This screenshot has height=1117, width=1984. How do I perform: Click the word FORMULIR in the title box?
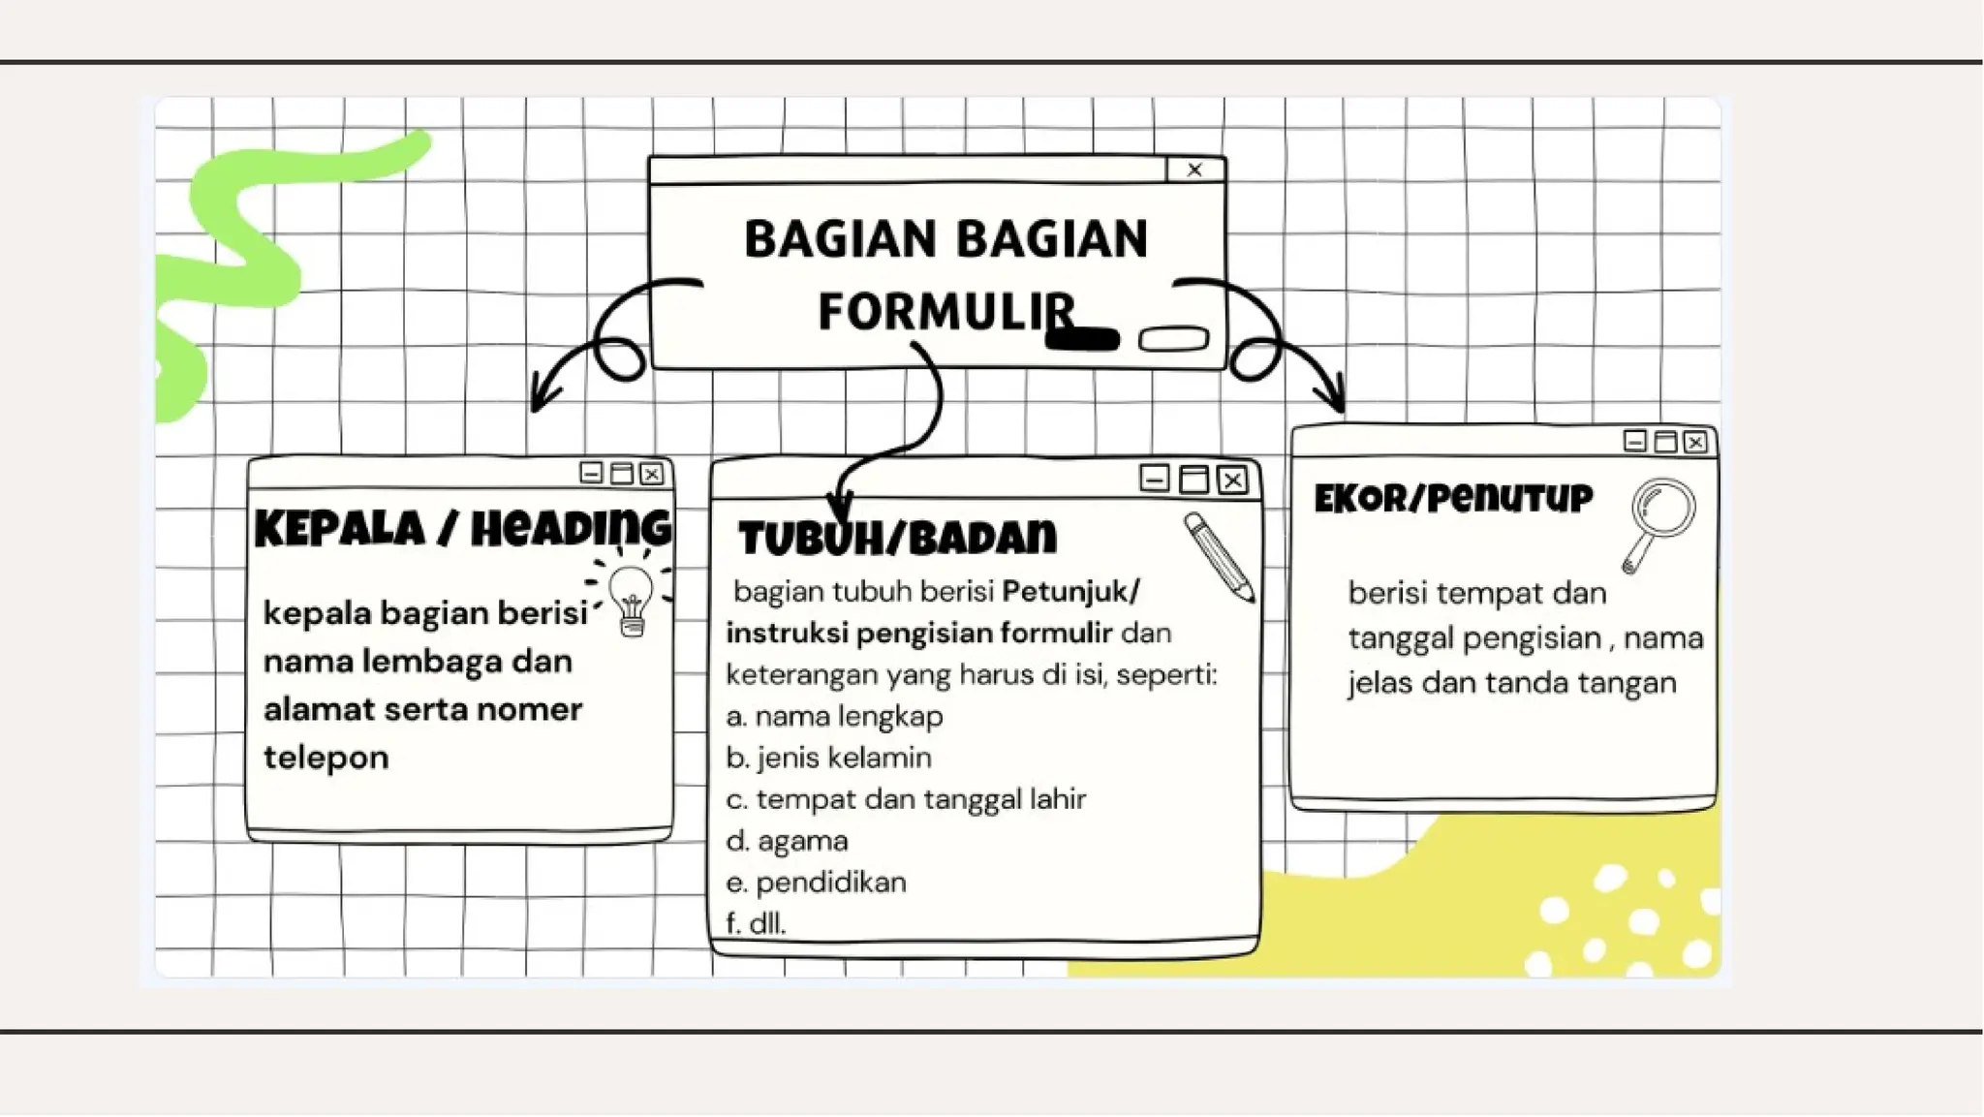click(945, 312)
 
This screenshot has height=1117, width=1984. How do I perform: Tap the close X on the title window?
click(1194, 170)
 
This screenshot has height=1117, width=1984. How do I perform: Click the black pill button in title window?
click(1083, 339)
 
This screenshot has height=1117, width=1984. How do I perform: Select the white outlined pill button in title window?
click(1173, 339)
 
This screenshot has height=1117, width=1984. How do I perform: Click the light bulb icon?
click(632, 599)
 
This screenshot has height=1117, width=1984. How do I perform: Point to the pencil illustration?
click(1219, 556)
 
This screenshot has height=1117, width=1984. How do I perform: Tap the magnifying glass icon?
click(1658, 523)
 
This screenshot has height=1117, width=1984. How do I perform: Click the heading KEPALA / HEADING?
click(462, 529)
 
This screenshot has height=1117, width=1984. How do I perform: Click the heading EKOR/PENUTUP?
click(1453, 499)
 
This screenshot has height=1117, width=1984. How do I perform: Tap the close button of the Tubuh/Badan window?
click(1232, 480)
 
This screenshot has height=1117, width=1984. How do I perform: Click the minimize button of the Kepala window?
click(591, 473)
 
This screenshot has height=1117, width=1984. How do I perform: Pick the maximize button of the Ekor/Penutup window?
click(1665, 442)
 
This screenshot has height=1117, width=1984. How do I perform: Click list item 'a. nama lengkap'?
click(834, 717)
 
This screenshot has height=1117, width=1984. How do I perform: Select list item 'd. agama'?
click(787, 841)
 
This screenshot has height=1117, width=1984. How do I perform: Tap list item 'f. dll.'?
click(756, 923)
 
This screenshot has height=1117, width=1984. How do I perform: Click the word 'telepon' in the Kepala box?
click(325, 758)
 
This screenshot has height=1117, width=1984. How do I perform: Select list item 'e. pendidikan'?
click(816, 883)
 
